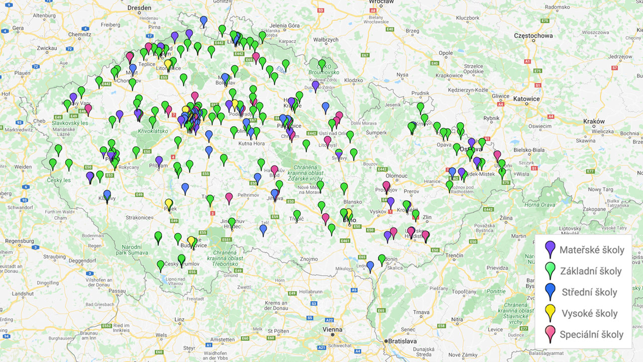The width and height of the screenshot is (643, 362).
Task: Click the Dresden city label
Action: click(x=140, y=8)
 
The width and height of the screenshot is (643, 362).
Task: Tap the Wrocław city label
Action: click(x=381, y=2)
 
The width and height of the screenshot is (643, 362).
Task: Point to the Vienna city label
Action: click(x=332, y=329)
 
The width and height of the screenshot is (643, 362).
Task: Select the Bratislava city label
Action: click(x=402, y=341)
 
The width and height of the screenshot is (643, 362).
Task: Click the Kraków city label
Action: click(x=594, y=121)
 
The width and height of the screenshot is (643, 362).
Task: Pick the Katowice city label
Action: click(x=526, y=99)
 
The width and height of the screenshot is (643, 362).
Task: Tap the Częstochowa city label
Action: click(x=533, y=36)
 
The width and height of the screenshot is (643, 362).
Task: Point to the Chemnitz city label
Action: click(x=79, y=35)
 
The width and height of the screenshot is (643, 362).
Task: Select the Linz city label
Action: click(x=179, y=319)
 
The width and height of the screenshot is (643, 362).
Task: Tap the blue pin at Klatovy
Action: click(x=107, y=195)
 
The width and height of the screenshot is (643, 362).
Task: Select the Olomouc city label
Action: click(x=396, y=176)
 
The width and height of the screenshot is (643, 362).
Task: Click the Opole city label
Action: click(x=446, y=53)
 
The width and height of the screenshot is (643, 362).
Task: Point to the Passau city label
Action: click(x=117, y=291)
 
